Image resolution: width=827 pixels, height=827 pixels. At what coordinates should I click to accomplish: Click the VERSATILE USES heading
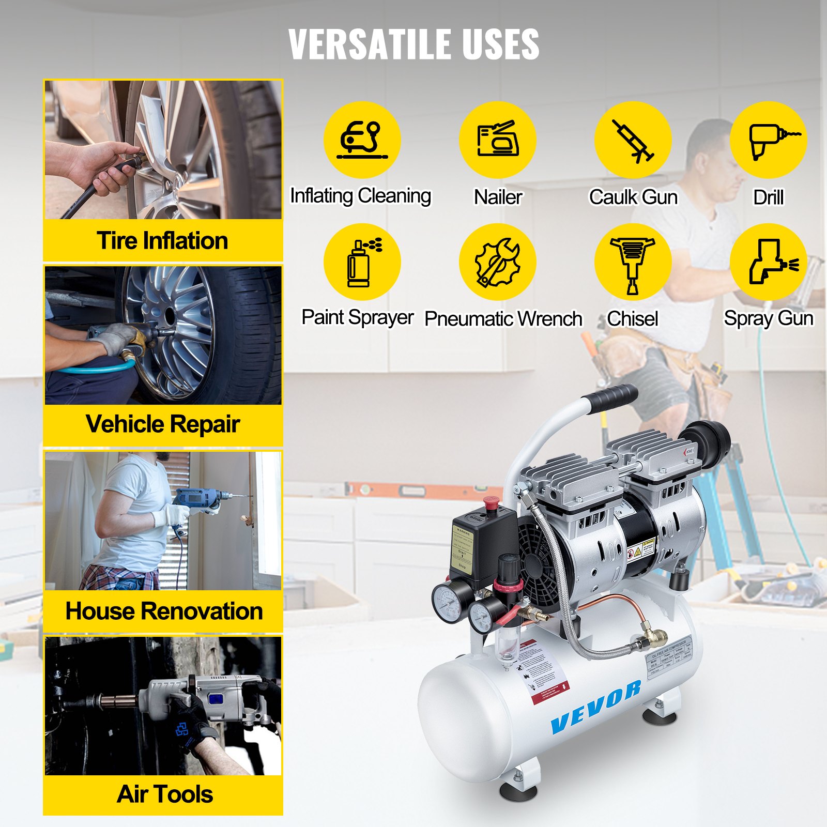(413, 44)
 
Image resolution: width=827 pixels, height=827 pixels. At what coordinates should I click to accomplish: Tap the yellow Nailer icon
(497, 140)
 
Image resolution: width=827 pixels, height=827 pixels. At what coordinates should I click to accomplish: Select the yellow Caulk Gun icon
(633, 140)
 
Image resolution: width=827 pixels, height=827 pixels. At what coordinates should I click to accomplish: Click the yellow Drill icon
(768, 140)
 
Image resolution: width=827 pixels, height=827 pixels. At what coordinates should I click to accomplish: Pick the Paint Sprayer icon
(362, 262)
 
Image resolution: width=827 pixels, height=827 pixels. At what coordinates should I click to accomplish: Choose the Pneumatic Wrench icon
(497, 262)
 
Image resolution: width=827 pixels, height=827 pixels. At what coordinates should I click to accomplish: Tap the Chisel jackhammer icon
(633, 262)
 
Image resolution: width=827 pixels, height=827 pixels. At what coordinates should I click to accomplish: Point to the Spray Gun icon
(768, 262)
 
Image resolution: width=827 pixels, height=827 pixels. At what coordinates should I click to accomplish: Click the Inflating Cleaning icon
(362, 140)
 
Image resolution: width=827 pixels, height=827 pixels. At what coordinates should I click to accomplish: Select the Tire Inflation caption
(163, 241)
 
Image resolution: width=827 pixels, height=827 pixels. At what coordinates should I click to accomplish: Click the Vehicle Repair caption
(163, 424)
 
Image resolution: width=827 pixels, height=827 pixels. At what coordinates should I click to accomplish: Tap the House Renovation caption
(164, 611)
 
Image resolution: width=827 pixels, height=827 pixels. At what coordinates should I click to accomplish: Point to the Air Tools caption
(165, 794)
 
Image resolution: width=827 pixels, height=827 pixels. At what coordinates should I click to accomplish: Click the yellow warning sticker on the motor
(641, 549)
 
